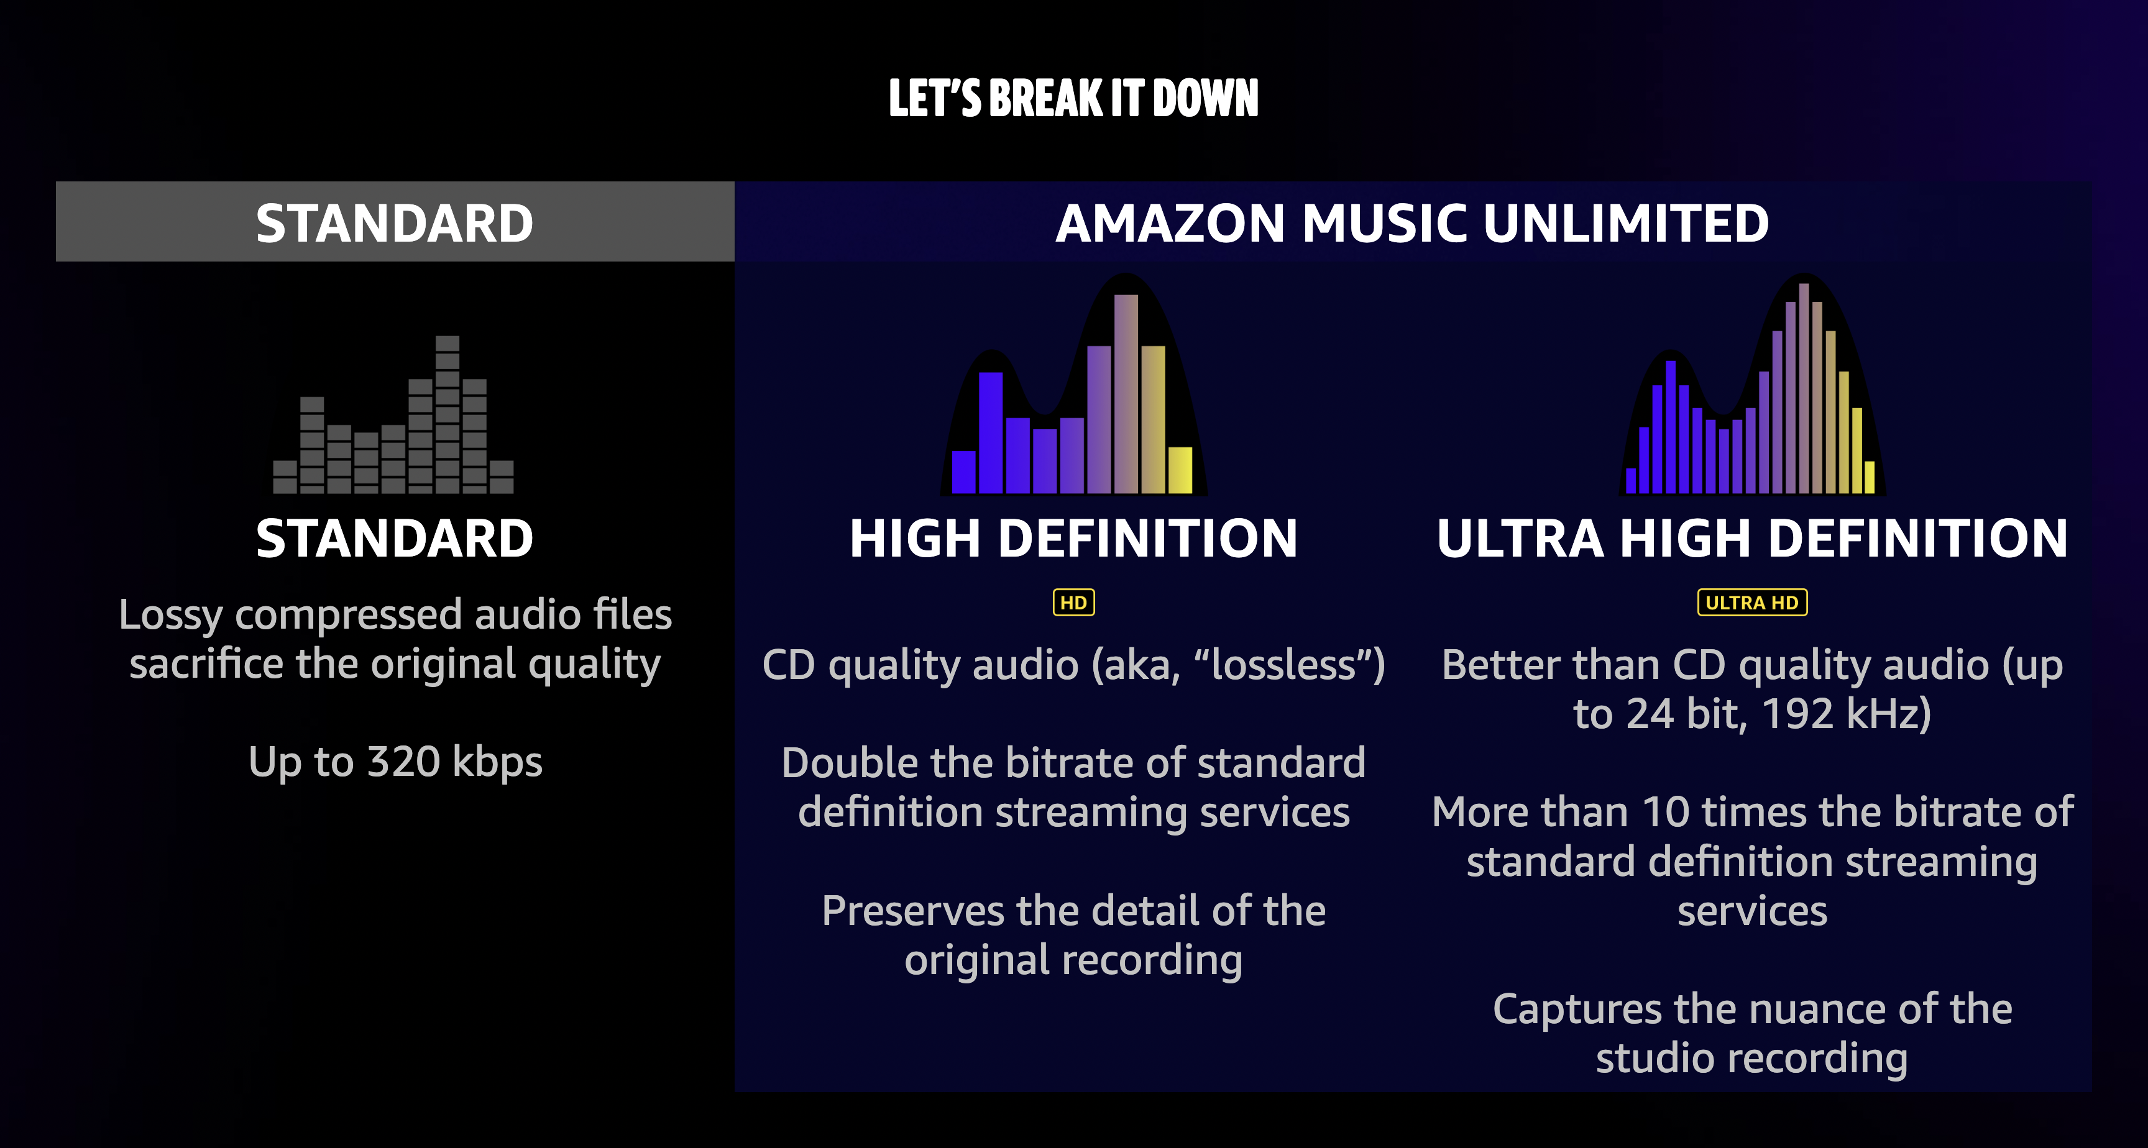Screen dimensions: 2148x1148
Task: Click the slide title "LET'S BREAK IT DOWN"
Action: pos(1073,98)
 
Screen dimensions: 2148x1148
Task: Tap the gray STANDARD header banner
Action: pos(395,222)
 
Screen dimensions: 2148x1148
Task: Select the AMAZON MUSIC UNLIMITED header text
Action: pos(1411,224)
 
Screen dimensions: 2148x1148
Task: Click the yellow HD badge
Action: pos(1073,602)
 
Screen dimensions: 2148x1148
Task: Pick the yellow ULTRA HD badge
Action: pos(1752,602)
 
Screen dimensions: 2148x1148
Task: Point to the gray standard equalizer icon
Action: pos(393,414)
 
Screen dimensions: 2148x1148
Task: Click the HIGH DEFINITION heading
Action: pos(1074,538)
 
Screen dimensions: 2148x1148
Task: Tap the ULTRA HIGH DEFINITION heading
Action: pos(1752,538)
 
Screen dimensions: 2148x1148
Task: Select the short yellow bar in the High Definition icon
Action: pos(1180,470)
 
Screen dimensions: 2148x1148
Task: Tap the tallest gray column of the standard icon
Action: pos(447,414)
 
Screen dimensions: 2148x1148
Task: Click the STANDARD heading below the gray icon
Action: pos(395,538)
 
